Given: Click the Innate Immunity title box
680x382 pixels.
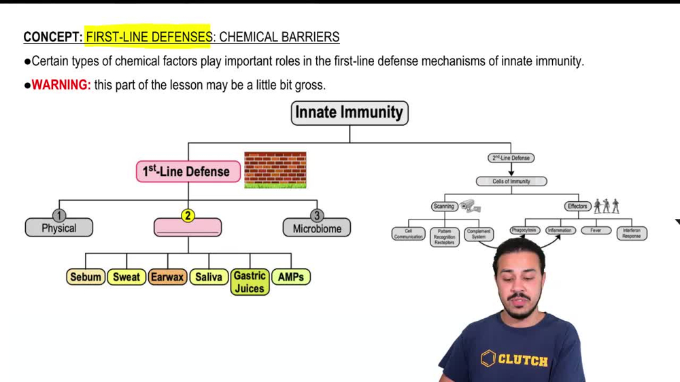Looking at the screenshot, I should pos(350,113).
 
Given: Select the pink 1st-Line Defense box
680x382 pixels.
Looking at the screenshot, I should pos(188,171).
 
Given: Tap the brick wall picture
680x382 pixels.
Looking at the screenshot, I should pos(275,170).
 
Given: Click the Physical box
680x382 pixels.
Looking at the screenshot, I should pos(59,228).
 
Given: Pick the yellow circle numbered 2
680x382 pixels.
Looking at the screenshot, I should pos(188,215).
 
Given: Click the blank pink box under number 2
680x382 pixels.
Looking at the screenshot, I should pos(188,228).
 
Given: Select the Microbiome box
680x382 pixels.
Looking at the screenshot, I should pos(317,228).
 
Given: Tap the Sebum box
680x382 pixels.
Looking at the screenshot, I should pos(86,277).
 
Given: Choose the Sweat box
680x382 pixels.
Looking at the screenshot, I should pos(126,277).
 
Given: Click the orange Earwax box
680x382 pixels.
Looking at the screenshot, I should pos(167,277).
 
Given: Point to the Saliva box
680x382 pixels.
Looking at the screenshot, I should pos(209,277).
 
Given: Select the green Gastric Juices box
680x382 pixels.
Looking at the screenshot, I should pos(250,281).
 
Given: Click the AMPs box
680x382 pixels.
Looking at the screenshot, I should pos(290,277).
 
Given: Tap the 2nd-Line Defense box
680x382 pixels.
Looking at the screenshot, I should pos(511,158).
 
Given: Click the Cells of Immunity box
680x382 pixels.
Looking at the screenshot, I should pos(511,181).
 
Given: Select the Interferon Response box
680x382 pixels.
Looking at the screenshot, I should pos(631,233).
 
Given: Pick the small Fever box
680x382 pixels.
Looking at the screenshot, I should pos(596,230).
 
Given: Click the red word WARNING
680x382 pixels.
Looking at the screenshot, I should pos(61,85).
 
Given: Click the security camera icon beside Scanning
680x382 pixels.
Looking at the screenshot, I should pos(470,206).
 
